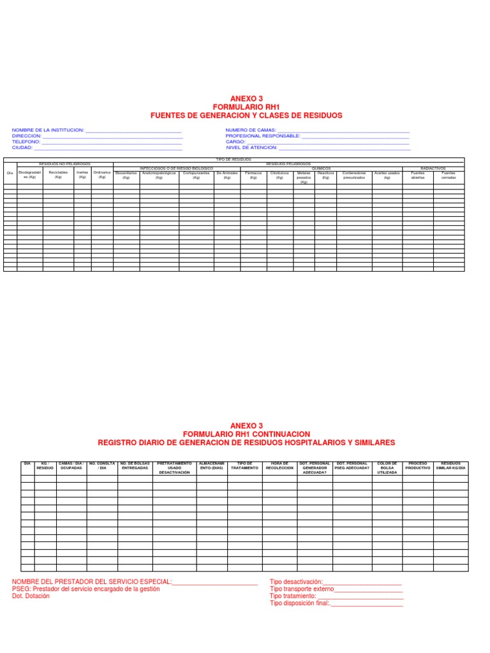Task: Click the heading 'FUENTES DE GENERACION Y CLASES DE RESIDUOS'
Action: (x=246, y=115)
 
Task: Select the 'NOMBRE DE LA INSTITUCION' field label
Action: (x=48, y=130)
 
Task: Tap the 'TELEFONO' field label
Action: (x=26, y=142)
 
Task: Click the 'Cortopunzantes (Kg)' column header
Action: (x=196, y=175)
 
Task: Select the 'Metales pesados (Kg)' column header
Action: (x=304, y=177)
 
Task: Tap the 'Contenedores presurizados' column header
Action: (x=354, y=175)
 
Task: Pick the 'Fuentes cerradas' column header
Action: (x=449, y=175)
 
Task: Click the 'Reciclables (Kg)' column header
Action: (x=58, y=175)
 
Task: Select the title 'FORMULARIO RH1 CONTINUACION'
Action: (x=246, y=434)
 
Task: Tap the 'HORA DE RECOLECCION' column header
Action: (x=279, y=466)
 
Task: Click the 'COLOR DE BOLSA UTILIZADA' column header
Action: (x=387, y=467)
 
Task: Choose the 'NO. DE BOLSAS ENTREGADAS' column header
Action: (x=135, y=466)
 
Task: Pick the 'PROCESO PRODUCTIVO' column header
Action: (x=418, y=466)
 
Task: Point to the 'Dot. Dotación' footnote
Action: (x=31, y=596)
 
